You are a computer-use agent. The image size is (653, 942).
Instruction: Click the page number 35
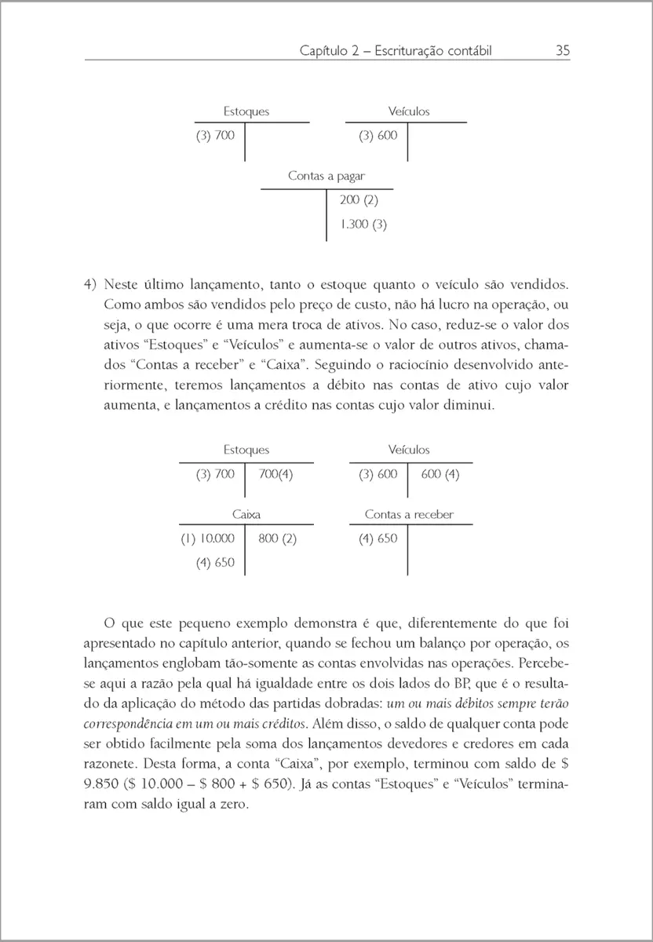coord(562,51)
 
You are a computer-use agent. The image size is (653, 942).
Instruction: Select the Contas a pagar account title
coord(326,177)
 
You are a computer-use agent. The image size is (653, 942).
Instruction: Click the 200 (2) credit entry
coord(353,200)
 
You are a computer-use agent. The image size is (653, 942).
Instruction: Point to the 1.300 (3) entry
coord(363,225)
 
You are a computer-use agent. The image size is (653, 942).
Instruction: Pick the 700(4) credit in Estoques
coord(275,474)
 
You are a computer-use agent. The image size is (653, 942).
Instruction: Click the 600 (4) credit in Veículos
coord(440,474)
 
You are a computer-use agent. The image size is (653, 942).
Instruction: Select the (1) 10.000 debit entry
coord(208,539)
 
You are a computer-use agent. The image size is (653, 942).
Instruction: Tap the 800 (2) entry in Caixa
coord(277,539)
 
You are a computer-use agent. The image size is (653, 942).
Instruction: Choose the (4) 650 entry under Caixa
coord(214,562)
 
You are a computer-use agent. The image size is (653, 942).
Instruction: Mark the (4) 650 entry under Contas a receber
coord(378,539)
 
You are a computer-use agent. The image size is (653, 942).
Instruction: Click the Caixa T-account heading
coord(246,515)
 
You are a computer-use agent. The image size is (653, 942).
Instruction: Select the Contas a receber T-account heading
coord(408,515)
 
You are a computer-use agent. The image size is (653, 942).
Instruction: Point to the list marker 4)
coord(90,283)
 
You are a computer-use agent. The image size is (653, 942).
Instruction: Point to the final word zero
coord(234,804)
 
